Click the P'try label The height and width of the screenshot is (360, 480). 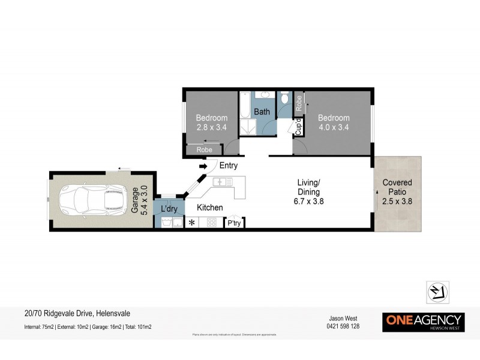click(x=234, y=223)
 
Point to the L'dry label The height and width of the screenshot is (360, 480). click(x=169, y=208)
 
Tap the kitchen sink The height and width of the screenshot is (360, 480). click(x=223, y=182)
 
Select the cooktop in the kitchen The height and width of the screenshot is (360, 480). click(x=212, y=223)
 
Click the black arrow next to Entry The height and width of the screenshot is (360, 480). click(x=203, y=166)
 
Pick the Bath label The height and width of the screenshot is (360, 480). click(x=262, y=112)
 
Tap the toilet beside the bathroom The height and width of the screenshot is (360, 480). click(x=286, y=98)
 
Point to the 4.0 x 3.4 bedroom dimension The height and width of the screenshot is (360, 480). click(x=334, y=127)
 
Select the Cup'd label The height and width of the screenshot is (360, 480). click(x=298, y=127)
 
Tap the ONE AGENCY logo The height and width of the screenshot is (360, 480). click(x=423, y=322)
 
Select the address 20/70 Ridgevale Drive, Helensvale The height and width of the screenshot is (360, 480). click(x=77, y=313)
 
